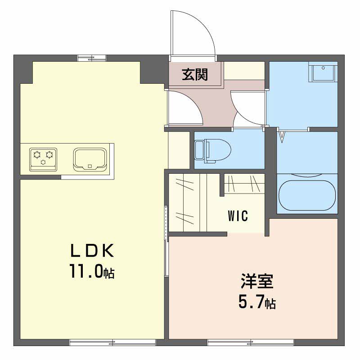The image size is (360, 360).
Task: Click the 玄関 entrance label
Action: point(195,75)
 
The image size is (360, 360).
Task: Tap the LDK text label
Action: point(92,251)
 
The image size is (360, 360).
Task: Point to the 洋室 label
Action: point(257,281)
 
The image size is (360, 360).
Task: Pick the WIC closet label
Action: point(238,216)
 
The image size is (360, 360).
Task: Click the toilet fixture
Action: point(212,151)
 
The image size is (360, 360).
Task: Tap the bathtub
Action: point(307,195)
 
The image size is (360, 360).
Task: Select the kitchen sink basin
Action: point(90,160)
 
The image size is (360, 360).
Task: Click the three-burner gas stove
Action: point(43,159)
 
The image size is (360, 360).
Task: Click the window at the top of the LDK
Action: point(92,58)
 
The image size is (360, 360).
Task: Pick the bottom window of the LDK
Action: point(112,343)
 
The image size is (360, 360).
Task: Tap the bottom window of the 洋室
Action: point(251,343)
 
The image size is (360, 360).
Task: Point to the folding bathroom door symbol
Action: point(283,136)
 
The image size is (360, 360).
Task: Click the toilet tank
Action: point(199,151)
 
